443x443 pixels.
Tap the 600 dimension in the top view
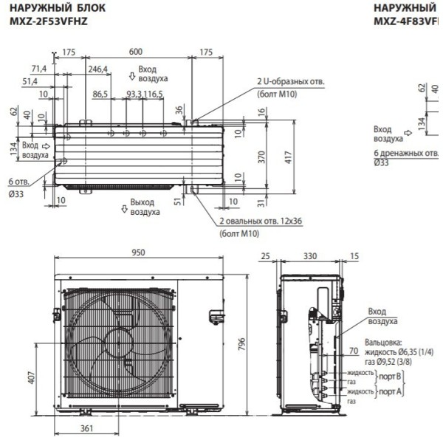[136, 52]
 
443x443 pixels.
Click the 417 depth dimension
[289, 157]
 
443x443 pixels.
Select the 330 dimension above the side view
[309, 256]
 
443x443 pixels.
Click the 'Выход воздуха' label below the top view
[145, 206]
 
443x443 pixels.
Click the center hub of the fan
[112, 344]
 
